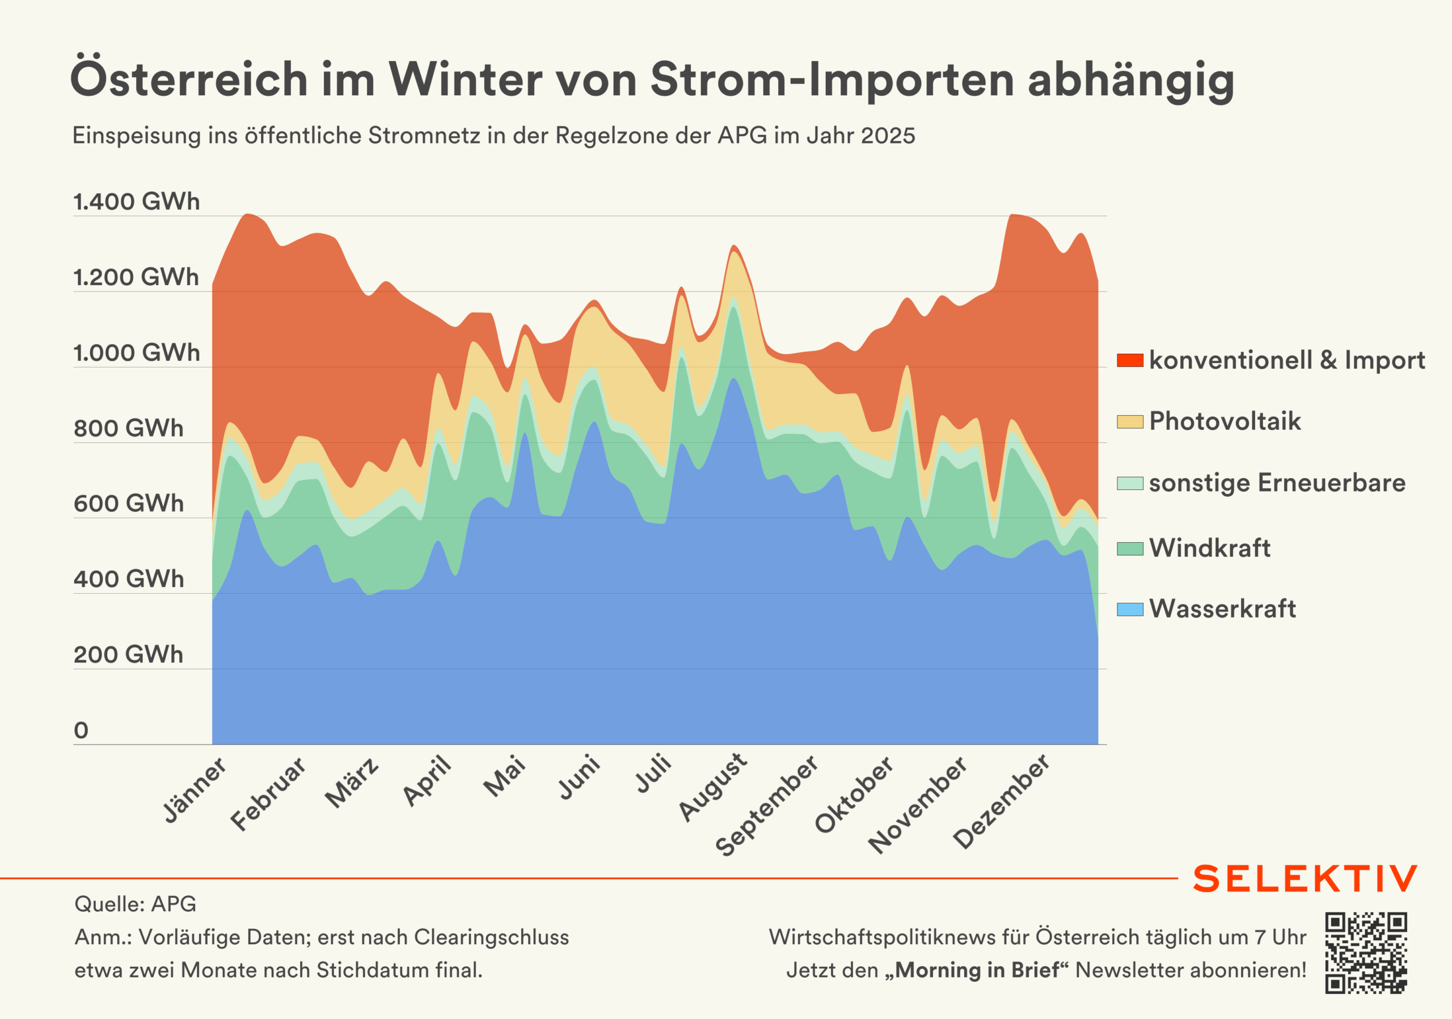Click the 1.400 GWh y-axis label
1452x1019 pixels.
[x=136, y=202]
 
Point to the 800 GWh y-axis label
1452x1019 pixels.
[x=128, y=428]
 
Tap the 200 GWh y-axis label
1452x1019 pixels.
[x=128, y=654]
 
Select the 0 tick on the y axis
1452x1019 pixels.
[x=81, y=730]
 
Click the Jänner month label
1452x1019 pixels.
[x=194, y=790]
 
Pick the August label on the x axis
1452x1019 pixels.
[x=712, y=788]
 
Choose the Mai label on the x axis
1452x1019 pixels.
[x=504, y=776]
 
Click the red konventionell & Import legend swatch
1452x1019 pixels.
[x=1129, y=360]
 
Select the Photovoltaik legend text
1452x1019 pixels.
[x=1225, y=421]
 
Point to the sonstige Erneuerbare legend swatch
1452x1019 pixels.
[x=1129, y=484]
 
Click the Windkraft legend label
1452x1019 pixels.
[x=1209, y=548]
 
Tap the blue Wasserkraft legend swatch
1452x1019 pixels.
[x=1129, y=610]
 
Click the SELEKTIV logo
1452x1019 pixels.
[x=1305, y=879]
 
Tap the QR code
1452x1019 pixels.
[x=1366, y=953]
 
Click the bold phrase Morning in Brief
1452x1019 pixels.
[x=977, y=970]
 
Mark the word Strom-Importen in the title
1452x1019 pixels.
[x=831, y=81]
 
